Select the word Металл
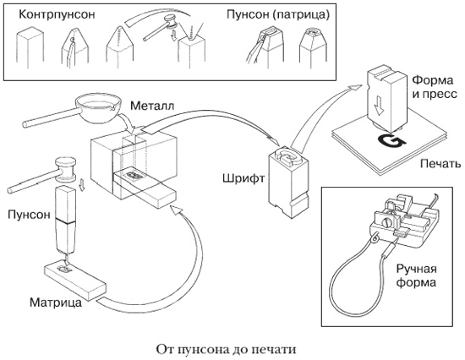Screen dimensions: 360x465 point(153,107)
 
